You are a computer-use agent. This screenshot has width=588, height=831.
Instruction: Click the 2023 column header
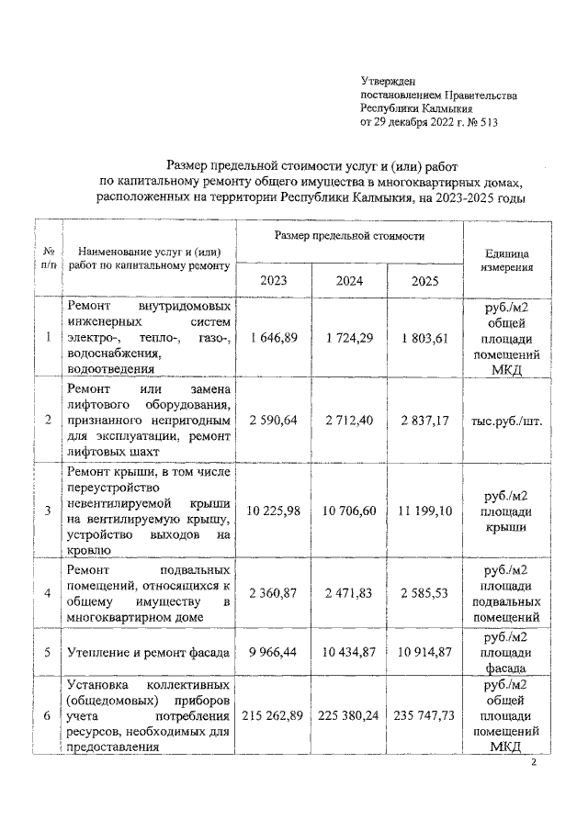272,281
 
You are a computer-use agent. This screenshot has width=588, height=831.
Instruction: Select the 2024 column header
348,281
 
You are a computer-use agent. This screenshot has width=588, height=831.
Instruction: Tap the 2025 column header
424,281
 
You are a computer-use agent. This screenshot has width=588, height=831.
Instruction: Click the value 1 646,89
273,338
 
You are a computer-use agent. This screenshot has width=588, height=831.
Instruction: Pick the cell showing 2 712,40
348,421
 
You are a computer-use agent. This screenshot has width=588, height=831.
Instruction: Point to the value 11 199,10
424,510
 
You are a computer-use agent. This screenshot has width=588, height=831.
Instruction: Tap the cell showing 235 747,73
424,716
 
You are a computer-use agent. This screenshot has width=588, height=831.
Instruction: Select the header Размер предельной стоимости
348,237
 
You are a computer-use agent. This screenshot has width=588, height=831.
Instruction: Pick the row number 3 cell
47,510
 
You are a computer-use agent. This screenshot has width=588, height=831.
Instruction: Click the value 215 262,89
273,716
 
